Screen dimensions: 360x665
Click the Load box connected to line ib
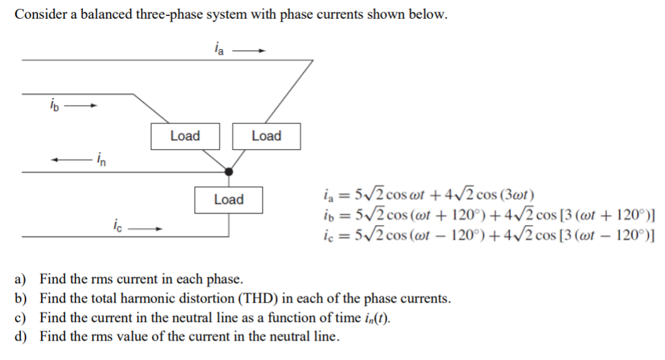[x=185, y=136]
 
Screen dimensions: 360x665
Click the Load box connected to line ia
[x=266, y=136]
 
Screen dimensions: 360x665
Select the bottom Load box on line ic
[x=229, y=200]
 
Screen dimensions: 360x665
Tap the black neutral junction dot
[x=229, y=171]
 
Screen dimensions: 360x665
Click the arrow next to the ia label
[x=249, y=50]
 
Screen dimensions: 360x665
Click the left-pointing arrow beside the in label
[x=67, y=160]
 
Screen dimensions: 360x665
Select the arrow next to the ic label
[x=148, y=227]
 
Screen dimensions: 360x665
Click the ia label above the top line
[x=218, y=49]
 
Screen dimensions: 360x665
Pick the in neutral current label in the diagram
[x=101, y=161]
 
